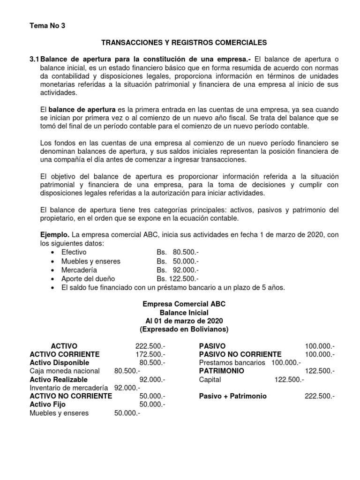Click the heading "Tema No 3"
pos(47,26)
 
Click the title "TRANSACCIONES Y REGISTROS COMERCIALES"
pos(184,43)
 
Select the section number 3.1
pos(34,60)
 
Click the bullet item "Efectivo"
pos(74,252)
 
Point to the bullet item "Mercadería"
pos(79,270)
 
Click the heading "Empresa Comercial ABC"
pos(184,304)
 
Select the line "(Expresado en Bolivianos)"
pos(184,330)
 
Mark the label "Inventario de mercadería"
pos(68,388)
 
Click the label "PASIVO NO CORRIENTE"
pos(240,354)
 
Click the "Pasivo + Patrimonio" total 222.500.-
pos(320,396)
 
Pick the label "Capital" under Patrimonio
pos(210,379)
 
